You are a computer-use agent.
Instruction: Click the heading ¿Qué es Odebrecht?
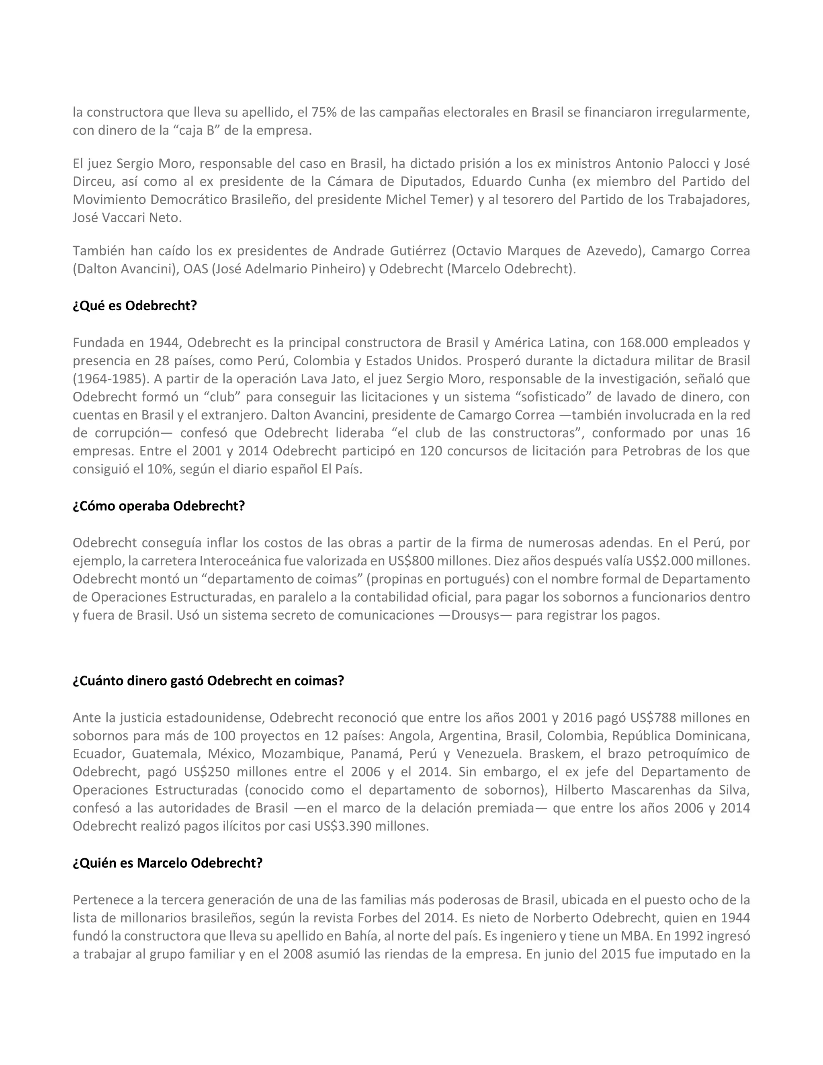pos(135,306)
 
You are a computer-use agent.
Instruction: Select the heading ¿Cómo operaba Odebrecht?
pos(158,506)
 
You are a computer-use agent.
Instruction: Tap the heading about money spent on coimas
pos(208,680)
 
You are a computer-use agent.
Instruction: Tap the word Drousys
pos(475,615)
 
